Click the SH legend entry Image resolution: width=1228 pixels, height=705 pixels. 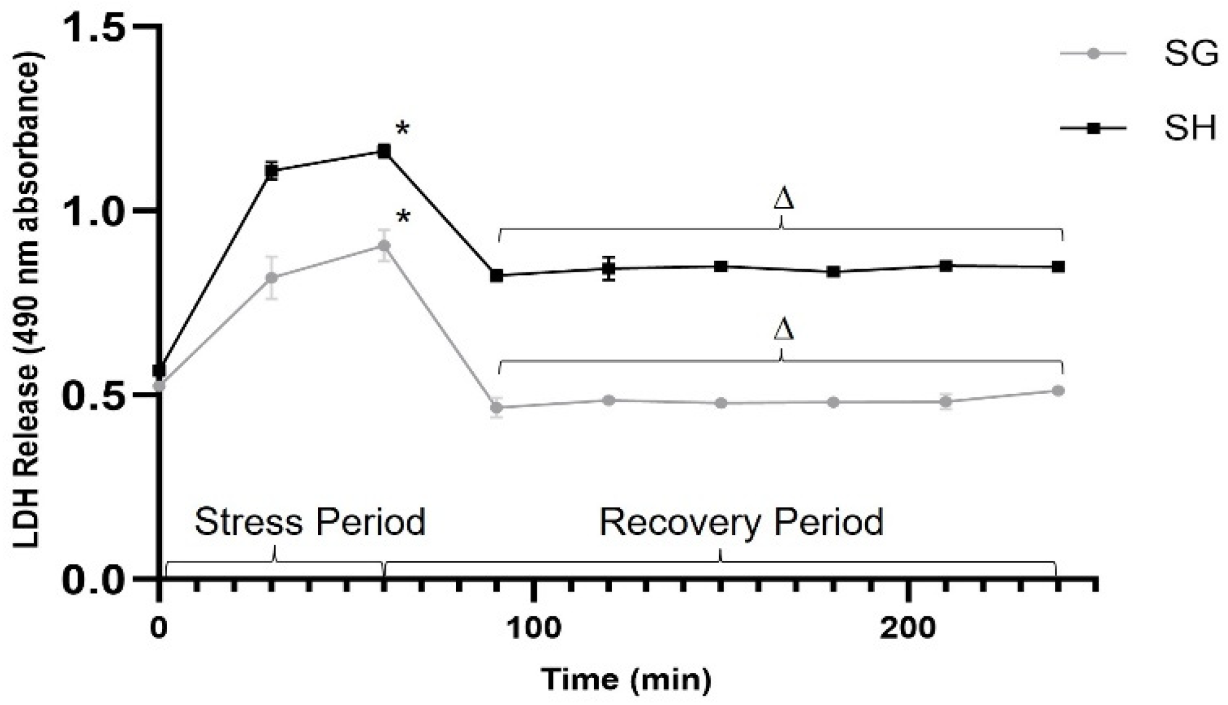(x=1190, y=129)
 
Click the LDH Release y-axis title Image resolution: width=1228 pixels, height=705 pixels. (x=27, y=302)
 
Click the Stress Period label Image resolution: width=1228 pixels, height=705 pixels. (x=310, y=522)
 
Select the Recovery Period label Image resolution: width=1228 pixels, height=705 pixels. (x=741, y=522)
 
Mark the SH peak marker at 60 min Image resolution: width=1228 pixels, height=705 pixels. (x=384, y=151)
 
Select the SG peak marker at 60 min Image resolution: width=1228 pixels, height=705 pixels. (x=384, y=246)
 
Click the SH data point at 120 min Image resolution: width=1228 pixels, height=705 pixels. (x=609, y=268)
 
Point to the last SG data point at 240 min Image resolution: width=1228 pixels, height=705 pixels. (x=1058, y=390)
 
